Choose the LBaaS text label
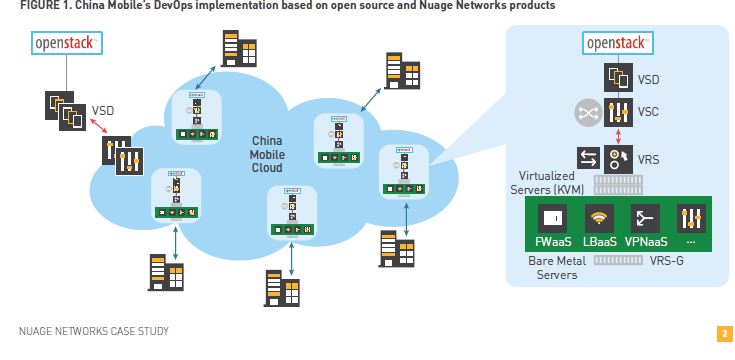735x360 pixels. click(x=598, y=241)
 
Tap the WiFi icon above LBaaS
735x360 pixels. click(x=598, y=217)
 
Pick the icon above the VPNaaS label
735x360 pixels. click(x=645, y=217)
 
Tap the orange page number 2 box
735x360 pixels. click(x=724, y=333)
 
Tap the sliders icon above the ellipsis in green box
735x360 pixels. click(x=692, y=217)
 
